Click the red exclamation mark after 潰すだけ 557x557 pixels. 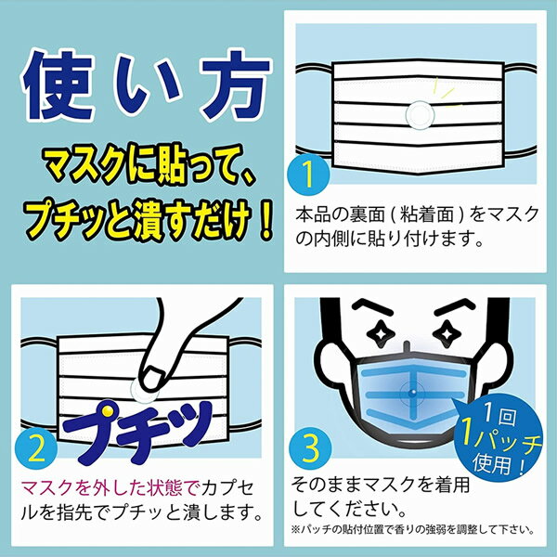click(264, 224)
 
